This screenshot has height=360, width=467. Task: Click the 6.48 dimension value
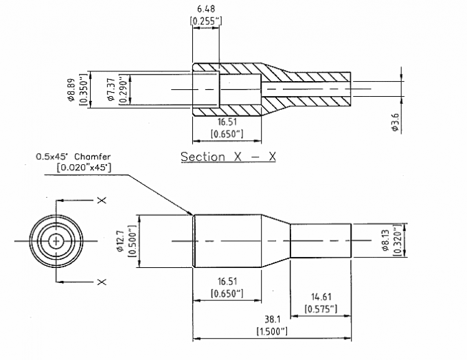205,9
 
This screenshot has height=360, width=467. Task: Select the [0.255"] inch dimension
205,21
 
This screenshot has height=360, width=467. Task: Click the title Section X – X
228,157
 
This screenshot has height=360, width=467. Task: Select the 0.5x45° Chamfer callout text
73,157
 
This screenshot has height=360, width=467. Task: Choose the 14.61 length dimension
320,297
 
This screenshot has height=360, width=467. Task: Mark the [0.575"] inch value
320,308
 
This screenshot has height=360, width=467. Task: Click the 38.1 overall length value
272,319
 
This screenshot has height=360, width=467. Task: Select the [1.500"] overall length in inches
272,331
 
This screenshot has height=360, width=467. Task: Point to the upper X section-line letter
102,200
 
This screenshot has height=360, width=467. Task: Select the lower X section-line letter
102,282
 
